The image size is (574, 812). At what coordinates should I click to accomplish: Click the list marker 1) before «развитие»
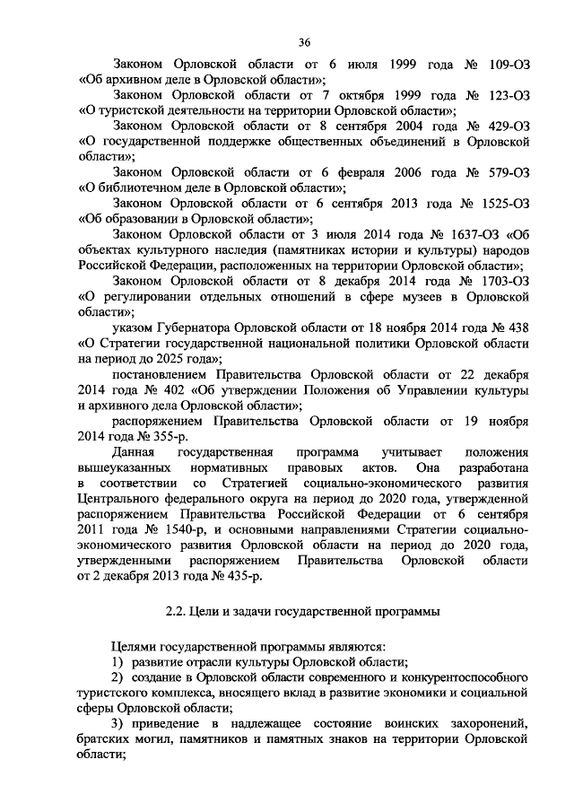pyautogui.click(x=117, y=661)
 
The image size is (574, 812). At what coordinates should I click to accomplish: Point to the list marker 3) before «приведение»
pyautogui.click(x=117, y=723)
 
